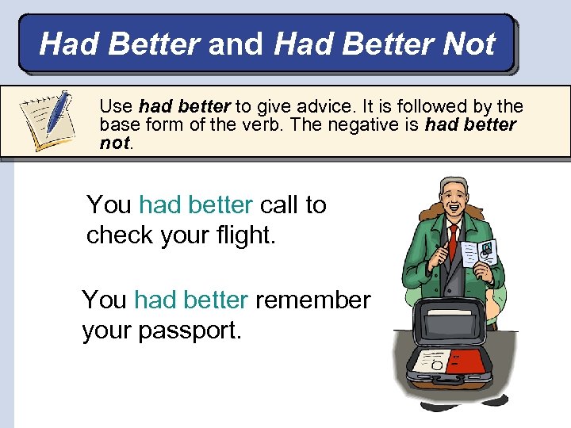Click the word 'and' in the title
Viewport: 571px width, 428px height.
tap(236, 44)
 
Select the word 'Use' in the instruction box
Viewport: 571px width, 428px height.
tap(117, 106)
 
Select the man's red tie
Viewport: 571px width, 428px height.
tap(453, 241)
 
